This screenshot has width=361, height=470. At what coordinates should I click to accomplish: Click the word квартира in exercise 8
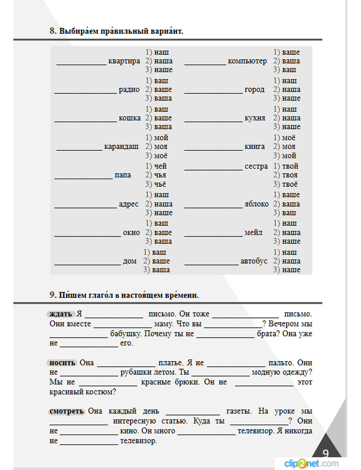coord(124,61)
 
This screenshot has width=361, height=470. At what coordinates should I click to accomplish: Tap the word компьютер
coord(247,61)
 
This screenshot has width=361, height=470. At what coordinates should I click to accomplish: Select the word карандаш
coord(121,146)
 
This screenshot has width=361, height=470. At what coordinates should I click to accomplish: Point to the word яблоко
coord(256,204)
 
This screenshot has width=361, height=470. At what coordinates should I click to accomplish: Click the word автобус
coord(254,261)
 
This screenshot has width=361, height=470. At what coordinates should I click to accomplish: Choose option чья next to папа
coord(160,175)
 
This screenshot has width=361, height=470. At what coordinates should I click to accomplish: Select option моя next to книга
coord(288,146)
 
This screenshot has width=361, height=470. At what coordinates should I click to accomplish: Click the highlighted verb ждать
coord(61,314)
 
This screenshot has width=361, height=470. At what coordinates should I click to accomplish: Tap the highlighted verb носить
coord(62,363)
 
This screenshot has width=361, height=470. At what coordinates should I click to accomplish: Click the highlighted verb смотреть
coord(66,411)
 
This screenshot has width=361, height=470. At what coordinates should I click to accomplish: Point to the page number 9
coord(326,453)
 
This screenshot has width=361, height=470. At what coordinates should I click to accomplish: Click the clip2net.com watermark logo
coord(311,463)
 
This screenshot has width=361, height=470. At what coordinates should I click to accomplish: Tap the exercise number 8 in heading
coord(53,31)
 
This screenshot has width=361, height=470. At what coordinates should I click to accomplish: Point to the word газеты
coord(239,411)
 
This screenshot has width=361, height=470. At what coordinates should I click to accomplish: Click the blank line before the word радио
coord(86,92)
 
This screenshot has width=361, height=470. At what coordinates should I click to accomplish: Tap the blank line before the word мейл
coord(213,235)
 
